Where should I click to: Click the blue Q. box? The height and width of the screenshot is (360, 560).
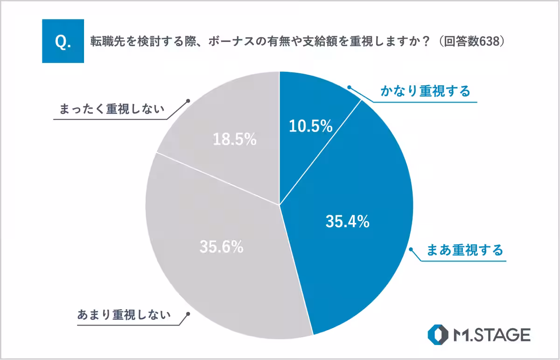click(63, 41)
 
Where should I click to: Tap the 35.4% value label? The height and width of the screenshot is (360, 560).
click(347, 222)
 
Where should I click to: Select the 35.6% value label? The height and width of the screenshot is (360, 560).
click(221, 247)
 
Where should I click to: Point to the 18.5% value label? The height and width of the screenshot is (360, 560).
click(235, 139)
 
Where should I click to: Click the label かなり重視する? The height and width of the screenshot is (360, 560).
click(425, 91)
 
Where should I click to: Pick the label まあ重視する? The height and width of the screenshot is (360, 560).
click(465, 250)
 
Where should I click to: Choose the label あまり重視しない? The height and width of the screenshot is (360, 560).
click(124, 315)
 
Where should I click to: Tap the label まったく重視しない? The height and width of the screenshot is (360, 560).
click(112, 110)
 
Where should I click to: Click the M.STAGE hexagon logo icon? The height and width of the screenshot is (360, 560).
click(438, 334)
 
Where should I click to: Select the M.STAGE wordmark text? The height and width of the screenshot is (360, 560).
click(491, 334)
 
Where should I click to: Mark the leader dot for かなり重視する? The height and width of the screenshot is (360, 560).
click(349, 87)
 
